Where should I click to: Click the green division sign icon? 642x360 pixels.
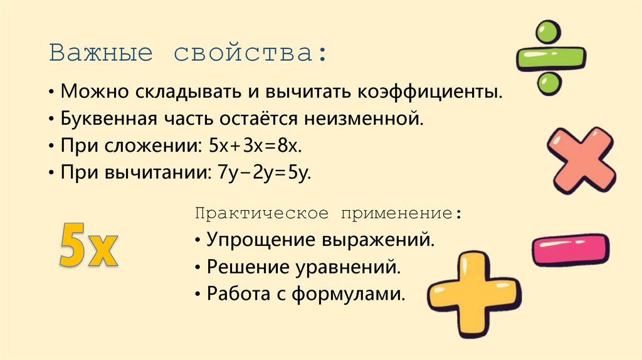(x=550, y=58)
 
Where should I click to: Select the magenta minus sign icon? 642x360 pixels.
(x=570, y=249)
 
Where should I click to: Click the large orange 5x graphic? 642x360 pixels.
(x=88, y=246)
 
